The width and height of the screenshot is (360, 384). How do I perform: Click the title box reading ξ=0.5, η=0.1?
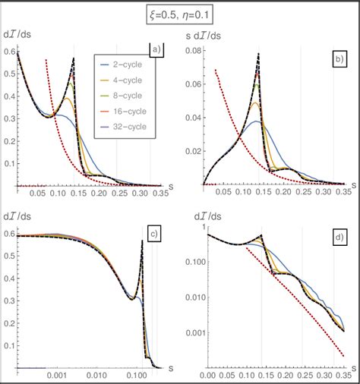click(x=180, y=13)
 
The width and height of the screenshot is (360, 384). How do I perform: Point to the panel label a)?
click(x=156, y=51)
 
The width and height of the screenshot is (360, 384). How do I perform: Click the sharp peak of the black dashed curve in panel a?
click(x=95, y=58)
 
